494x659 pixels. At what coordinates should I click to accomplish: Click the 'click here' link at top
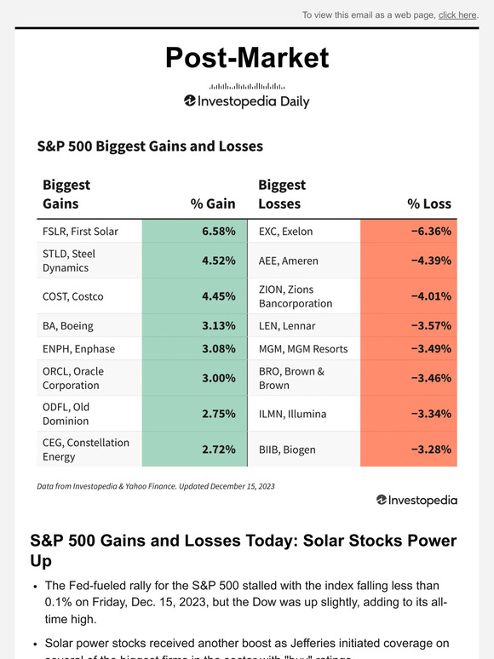457,14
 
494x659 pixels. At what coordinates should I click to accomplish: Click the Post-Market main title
247,57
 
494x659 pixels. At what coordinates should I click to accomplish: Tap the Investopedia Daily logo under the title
247,101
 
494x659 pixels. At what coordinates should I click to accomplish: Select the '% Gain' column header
213,203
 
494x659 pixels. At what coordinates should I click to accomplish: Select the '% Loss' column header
429,203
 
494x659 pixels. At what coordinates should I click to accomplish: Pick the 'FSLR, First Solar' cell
81,231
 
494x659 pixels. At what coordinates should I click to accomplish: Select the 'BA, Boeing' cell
68,325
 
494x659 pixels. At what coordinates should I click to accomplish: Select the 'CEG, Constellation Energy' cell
86,450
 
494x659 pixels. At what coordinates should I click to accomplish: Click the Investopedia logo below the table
416,501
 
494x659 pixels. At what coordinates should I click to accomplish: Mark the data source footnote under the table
156,486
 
